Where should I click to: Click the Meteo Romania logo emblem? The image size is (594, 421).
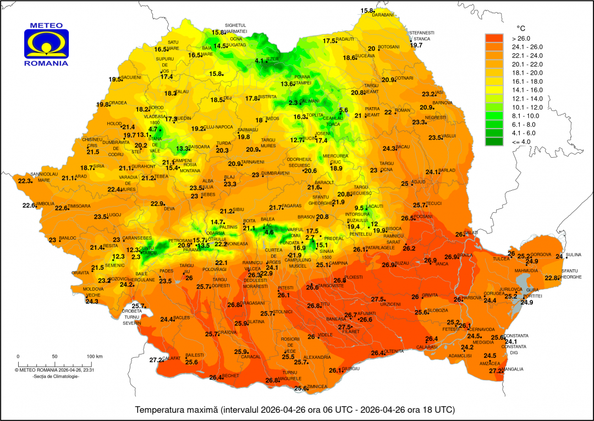click(46, 43)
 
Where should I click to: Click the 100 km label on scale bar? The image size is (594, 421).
click(95, 357)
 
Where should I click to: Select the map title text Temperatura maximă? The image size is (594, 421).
click(177, 410)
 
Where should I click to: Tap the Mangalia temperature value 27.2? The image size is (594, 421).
click(496, 371)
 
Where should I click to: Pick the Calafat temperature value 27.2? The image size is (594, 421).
click(156, 360)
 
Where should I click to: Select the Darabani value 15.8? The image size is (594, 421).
click(367, 10)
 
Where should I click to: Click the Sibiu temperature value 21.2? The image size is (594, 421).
click(226, 211)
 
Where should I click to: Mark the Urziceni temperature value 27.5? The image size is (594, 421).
click(377, 300)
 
